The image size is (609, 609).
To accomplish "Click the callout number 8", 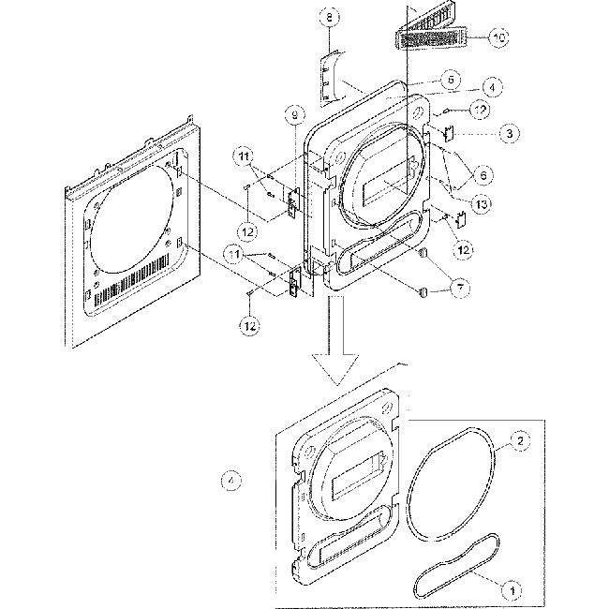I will click(329, 16).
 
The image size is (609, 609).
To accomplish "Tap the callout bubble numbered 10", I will click(499, 37).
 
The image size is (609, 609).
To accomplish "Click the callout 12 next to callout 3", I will click(479, 110).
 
